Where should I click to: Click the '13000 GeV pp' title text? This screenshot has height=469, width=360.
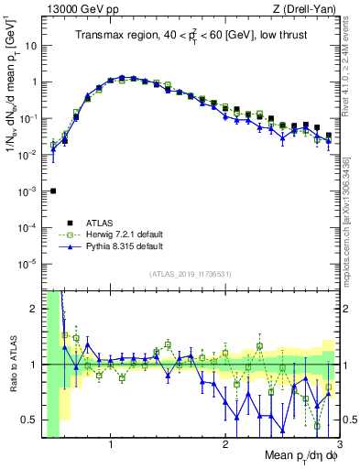pyautogui.click(x=80, y=8)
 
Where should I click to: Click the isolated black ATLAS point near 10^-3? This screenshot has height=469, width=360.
pyautogui.click(x=53, y=191)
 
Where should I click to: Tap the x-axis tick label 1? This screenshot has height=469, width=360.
pyautogui.click(x=111, y=446)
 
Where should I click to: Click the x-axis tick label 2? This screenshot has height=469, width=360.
pyautogui.click(x=225, y=446)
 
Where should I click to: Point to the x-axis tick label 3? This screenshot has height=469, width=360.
pyautogui.click(x=338, y=446)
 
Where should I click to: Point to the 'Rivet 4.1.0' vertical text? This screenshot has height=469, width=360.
pyautogui.click(x=353, y=64)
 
